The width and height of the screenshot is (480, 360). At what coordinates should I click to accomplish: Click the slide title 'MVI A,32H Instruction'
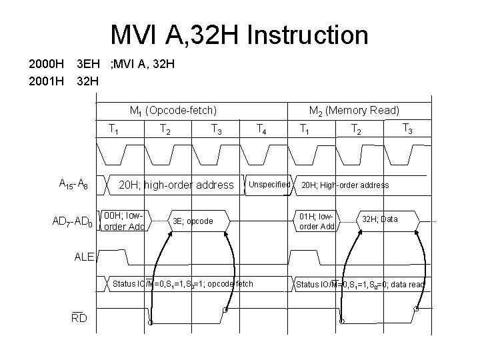239,34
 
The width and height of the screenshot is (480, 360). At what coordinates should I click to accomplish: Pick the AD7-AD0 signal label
74,221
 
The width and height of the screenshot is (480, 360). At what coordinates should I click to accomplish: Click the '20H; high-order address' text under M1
176,185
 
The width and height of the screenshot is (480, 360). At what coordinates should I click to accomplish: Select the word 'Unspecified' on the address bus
270,184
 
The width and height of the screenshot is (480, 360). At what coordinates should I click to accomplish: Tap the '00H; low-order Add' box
125,221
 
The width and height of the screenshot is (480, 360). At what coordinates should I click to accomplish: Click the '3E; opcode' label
193,221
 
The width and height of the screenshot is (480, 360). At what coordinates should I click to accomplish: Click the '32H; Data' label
380,219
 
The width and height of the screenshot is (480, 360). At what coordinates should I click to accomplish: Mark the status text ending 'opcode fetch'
183,284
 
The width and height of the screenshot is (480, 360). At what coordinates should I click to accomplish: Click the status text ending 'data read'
361,285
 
